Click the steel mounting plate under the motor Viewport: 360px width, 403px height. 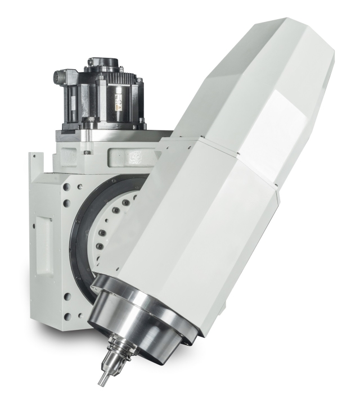coord(112,133)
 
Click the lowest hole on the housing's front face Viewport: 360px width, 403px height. coord(67,313)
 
